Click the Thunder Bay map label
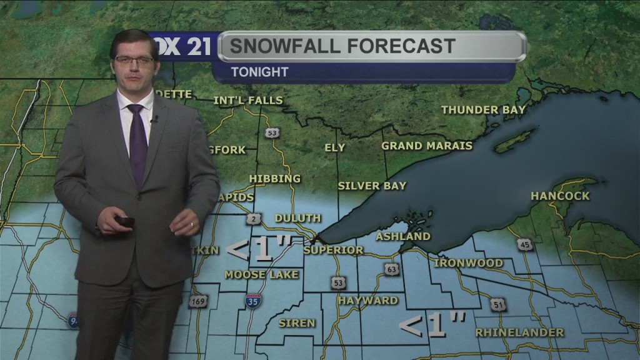click(x=483, y=110)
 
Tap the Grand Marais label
click(x=427, y=146)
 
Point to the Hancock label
click(x=560, y=196)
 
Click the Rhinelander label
click(x=519, y=332)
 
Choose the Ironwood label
click(x=468, y=263)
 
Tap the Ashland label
click(x=403, y=236)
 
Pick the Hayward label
click(x=368, y=301)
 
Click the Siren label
click(x=297, y=323)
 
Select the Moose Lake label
click(x=262, y=274)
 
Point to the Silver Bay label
click(x=372, y=186)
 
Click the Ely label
click(x=335, y=148)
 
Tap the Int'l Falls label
click(x=248, y=101)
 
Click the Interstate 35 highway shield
click(x=253, y=301)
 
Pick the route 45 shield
click(x=525, y=244)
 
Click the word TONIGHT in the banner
click(x=259, y=72)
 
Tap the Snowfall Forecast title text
click(x=342, y=46)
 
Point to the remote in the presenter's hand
click(x=125, y=221)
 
